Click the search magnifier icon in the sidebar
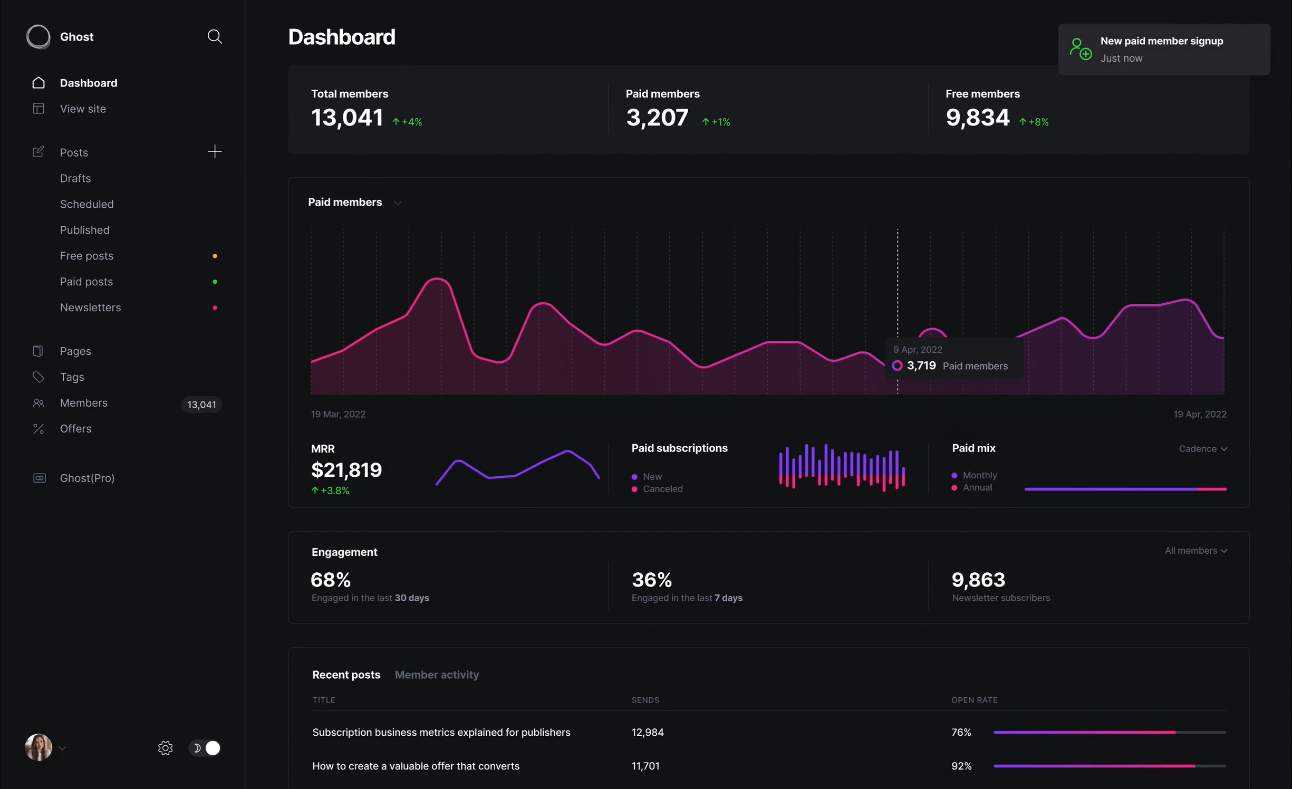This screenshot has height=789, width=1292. click(214, 36)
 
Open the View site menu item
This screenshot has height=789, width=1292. click(83, 109)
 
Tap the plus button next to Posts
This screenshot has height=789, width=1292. click(215, 152)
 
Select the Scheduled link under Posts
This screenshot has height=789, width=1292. click(86, 204)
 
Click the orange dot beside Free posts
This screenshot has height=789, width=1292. click(215, 256)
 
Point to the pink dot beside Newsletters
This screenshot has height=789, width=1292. click(215, 307)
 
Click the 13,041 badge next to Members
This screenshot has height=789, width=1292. click(201, 405)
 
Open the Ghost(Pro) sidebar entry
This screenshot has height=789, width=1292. click(87, 478)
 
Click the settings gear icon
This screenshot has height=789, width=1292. click(165, 748)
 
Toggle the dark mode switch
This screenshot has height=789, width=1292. click(205, 748)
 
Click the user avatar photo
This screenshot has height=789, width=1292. click(38, 747)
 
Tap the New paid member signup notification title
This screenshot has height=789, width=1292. click(1161, 41)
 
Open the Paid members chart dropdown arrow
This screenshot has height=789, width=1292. click(398, 203)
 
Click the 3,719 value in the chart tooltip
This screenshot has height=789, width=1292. click(921, 365)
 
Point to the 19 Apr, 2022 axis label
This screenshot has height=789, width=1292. click(1199, 414)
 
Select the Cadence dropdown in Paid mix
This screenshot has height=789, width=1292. click(1202, 449)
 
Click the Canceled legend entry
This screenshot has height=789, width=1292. click(662, 489)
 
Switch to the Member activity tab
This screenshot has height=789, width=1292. click(437, 675)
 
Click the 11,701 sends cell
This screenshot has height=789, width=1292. click(645, 766)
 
